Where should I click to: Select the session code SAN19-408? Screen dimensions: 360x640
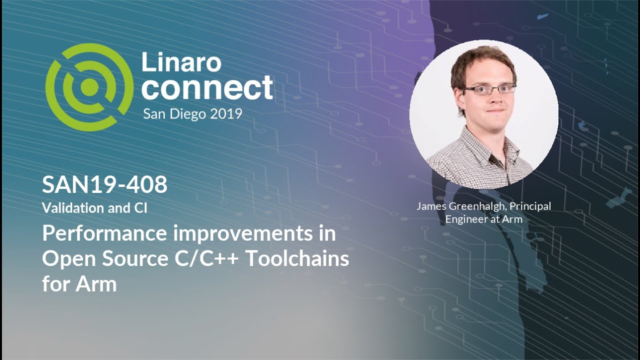click(104, 185)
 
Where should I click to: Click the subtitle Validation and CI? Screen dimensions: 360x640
click(94, 208)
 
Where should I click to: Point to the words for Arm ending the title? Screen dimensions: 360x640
click(79, 284)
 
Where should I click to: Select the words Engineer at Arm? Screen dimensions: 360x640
click(483, 219)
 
